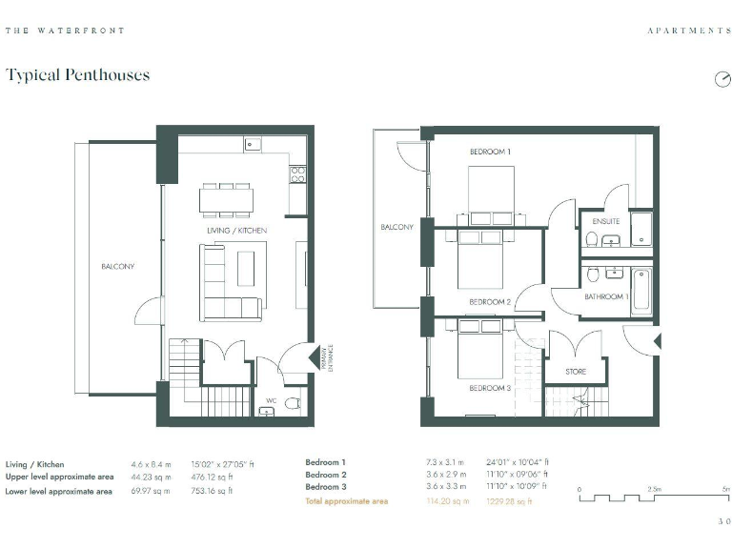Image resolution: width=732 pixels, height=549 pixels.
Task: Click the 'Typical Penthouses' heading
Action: (77, 74)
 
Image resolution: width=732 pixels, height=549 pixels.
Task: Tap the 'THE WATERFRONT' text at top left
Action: (65, 30)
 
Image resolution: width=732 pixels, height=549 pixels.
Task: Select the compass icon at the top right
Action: (722, 79)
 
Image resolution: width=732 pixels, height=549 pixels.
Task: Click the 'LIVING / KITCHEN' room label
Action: (236, 231)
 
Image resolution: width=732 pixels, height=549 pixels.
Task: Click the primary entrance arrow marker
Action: (315, 357)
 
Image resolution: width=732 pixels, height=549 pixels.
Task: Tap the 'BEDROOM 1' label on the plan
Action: (490, 152)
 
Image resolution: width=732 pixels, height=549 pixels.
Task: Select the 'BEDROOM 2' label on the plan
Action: (490, 302)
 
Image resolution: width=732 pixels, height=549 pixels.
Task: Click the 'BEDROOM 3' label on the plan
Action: (490, 388)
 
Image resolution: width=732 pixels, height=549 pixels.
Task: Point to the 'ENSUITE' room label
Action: (605, 221)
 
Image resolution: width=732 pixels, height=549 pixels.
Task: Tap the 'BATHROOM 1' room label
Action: (606, 296)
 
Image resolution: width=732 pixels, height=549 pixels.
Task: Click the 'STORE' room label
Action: (576, 372)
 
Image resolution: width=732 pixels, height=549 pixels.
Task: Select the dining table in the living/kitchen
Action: (227, 199)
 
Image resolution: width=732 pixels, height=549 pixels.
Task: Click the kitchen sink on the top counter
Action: (254, 144)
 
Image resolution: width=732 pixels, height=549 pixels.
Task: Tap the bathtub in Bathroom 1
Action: (640, 291)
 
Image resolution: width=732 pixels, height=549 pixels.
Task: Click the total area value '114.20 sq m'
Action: (448, 500)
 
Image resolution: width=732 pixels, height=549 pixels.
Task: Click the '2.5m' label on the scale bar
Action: (655, 489)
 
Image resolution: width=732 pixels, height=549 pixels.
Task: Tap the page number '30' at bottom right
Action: (723, 521)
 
